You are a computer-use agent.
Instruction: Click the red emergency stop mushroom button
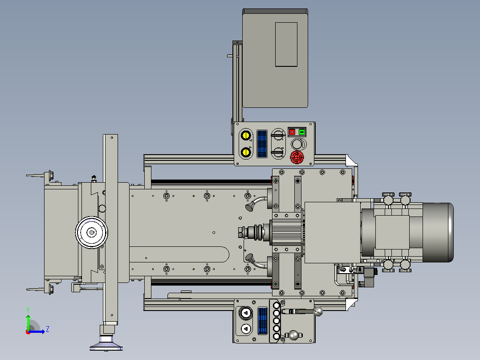[297, 157]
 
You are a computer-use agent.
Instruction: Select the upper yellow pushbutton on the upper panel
[245, 135]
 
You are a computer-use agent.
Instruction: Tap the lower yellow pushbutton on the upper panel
[245, 152]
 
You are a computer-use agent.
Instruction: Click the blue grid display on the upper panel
[262, 144]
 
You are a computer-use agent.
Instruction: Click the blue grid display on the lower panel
[262, 320]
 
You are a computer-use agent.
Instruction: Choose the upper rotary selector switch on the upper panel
[278, 135]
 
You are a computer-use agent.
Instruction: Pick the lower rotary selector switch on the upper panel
[278, 152]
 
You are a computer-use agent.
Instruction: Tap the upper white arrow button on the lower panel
[245, 313]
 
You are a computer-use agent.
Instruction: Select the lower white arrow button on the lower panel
[245, 329]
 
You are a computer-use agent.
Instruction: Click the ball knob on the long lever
[318, 311]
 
